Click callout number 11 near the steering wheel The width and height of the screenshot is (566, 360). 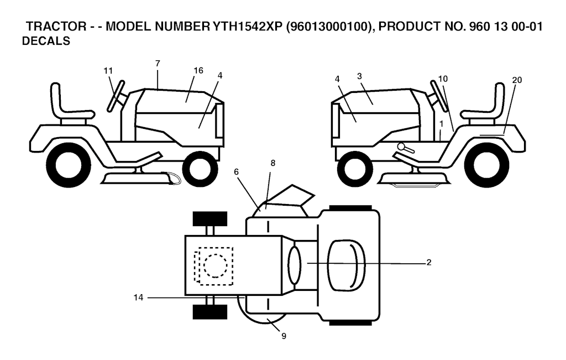(x=108, y=71)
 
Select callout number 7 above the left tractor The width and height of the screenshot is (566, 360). (x=158, y=63)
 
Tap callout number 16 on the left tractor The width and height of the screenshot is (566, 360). (x=198, y=70)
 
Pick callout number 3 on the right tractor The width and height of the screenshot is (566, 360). (x=359, y=76)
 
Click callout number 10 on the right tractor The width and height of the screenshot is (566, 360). (x=443, y=79)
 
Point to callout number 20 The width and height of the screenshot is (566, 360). (x=517, y=80)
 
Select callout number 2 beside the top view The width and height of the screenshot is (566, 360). (x=429, y=263)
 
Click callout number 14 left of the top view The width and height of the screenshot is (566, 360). (x=138, y=298)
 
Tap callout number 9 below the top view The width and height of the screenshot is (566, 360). (x=284, y=336)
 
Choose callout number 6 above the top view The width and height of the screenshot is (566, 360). (x=236, y=172)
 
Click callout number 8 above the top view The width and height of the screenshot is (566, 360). (x=273, y=163)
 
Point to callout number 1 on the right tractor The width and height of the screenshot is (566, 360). (x=441, y=124)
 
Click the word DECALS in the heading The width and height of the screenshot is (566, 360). (x=46, y=41)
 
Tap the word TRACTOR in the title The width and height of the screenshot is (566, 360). (x=56, y=27)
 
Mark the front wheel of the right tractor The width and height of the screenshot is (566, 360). (x=354, y=169)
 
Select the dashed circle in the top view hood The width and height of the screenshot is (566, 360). (x=216, y=266)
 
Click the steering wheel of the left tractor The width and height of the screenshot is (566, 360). (x=116, y=96)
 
